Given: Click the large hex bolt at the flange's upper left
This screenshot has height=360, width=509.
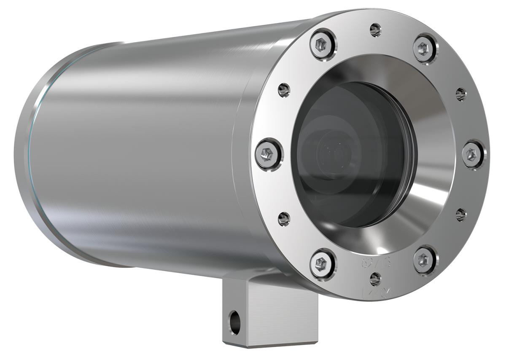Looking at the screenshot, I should click(x=323, y=44).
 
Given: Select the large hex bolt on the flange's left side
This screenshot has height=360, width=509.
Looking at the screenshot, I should click(x=269, y=154).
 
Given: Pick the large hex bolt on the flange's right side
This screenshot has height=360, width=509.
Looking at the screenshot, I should click(x=473, y=155).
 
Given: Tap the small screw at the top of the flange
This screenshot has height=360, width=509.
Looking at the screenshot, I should click(x=375, y=30).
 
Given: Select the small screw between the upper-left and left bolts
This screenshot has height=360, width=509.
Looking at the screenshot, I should click(x=284, y=89).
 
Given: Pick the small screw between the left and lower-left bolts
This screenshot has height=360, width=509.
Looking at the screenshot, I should click(x=284, y=218).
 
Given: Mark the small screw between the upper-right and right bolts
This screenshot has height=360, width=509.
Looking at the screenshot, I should click(x=461, y=94).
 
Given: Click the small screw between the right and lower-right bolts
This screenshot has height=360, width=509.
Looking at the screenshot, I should click(x=461, y=215).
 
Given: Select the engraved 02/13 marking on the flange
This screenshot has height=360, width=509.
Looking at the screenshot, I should click(x=376, y=263).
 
